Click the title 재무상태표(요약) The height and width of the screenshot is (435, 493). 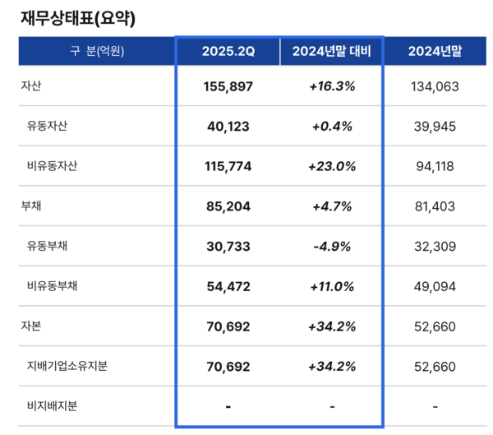(77, 16)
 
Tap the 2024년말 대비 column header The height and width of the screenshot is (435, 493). (332, 52)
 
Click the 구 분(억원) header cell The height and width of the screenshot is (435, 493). (97, 52)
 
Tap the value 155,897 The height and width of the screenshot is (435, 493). (228, 86)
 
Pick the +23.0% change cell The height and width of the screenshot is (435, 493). (332, 166)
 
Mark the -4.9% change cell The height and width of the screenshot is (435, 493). (332, 246)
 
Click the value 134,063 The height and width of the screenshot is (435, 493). (434, 86)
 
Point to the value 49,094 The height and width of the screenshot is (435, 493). (434, 286)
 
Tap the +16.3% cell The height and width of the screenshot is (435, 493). (332, 86)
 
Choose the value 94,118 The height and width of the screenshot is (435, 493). (434, 166)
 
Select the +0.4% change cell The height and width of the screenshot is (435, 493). (332, 126)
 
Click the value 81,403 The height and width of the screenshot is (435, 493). (434, 206)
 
